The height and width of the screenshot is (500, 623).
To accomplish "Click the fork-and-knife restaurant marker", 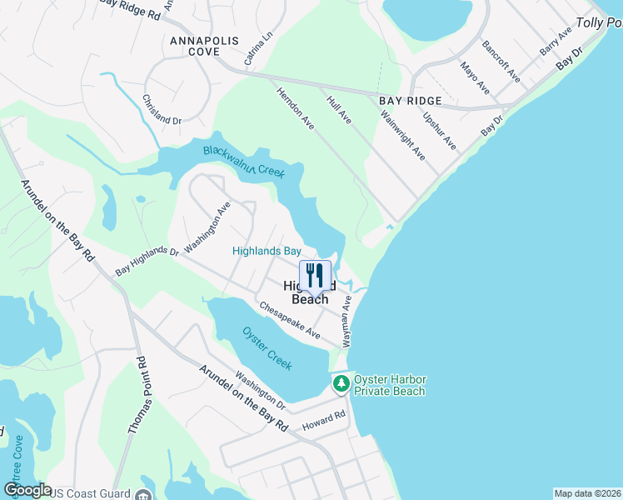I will [315, 274].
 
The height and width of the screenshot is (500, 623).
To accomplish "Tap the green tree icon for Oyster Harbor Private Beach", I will [341, 384].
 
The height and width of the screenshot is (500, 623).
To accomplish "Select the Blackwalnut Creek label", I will [244, 162].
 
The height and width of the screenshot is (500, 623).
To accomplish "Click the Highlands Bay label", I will [267, 250].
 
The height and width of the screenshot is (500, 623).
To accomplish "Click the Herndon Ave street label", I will [295, 108].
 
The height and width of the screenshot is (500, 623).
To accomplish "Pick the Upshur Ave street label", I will [440, 131].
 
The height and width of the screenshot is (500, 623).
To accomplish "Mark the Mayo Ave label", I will [475, 77].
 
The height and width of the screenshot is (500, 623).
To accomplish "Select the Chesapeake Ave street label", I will [289, 320].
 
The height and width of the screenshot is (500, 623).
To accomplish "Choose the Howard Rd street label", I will [324, 421].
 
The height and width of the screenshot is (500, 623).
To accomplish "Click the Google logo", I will [27, 490].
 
